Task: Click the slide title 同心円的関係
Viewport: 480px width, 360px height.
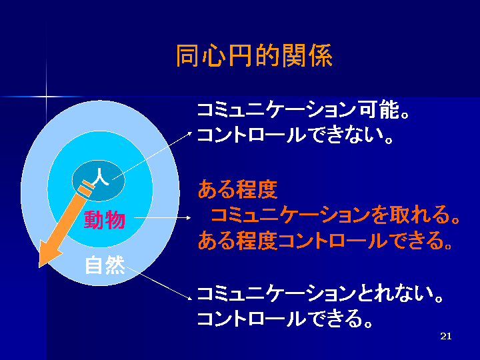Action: coord(255,55)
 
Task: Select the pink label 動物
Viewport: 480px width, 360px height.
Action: coord(105,220)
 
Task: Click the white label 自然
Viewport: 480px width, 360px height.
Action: coord(105,265)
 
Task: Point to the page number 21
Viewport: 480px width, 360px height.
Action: coord(446,336)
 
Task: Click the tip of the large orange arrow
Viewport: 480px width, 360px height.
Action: coord(39,267)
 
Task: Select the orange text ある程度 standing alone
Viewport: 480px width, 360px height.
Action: coord(237,189)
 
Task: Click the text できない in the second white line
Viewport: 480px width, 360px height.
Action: coord(345,135)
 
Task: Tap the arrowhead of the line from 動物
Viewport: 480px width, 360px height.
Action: coord(189,217)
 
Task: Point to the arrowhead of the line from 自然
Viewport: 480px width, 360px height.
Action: coord(189,298)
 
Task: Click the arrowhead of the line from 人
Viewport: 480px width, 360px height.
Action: coord(190,133)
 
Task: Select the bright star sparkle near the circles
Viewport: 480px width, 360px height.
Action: coord(46,97)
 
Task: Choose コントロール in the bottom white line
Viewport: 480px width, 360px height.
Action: coord(251,319)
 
